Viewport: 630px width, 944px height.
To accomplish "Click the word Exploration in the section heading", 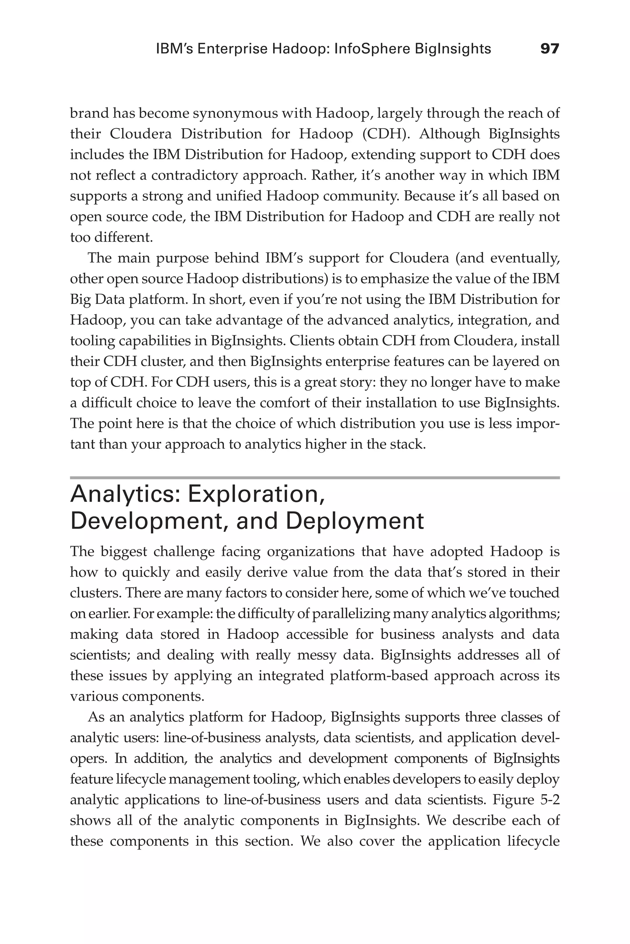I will pos(256,494).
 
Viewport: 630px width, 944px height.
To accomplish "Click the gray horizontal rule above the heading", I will pos(315,478).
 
